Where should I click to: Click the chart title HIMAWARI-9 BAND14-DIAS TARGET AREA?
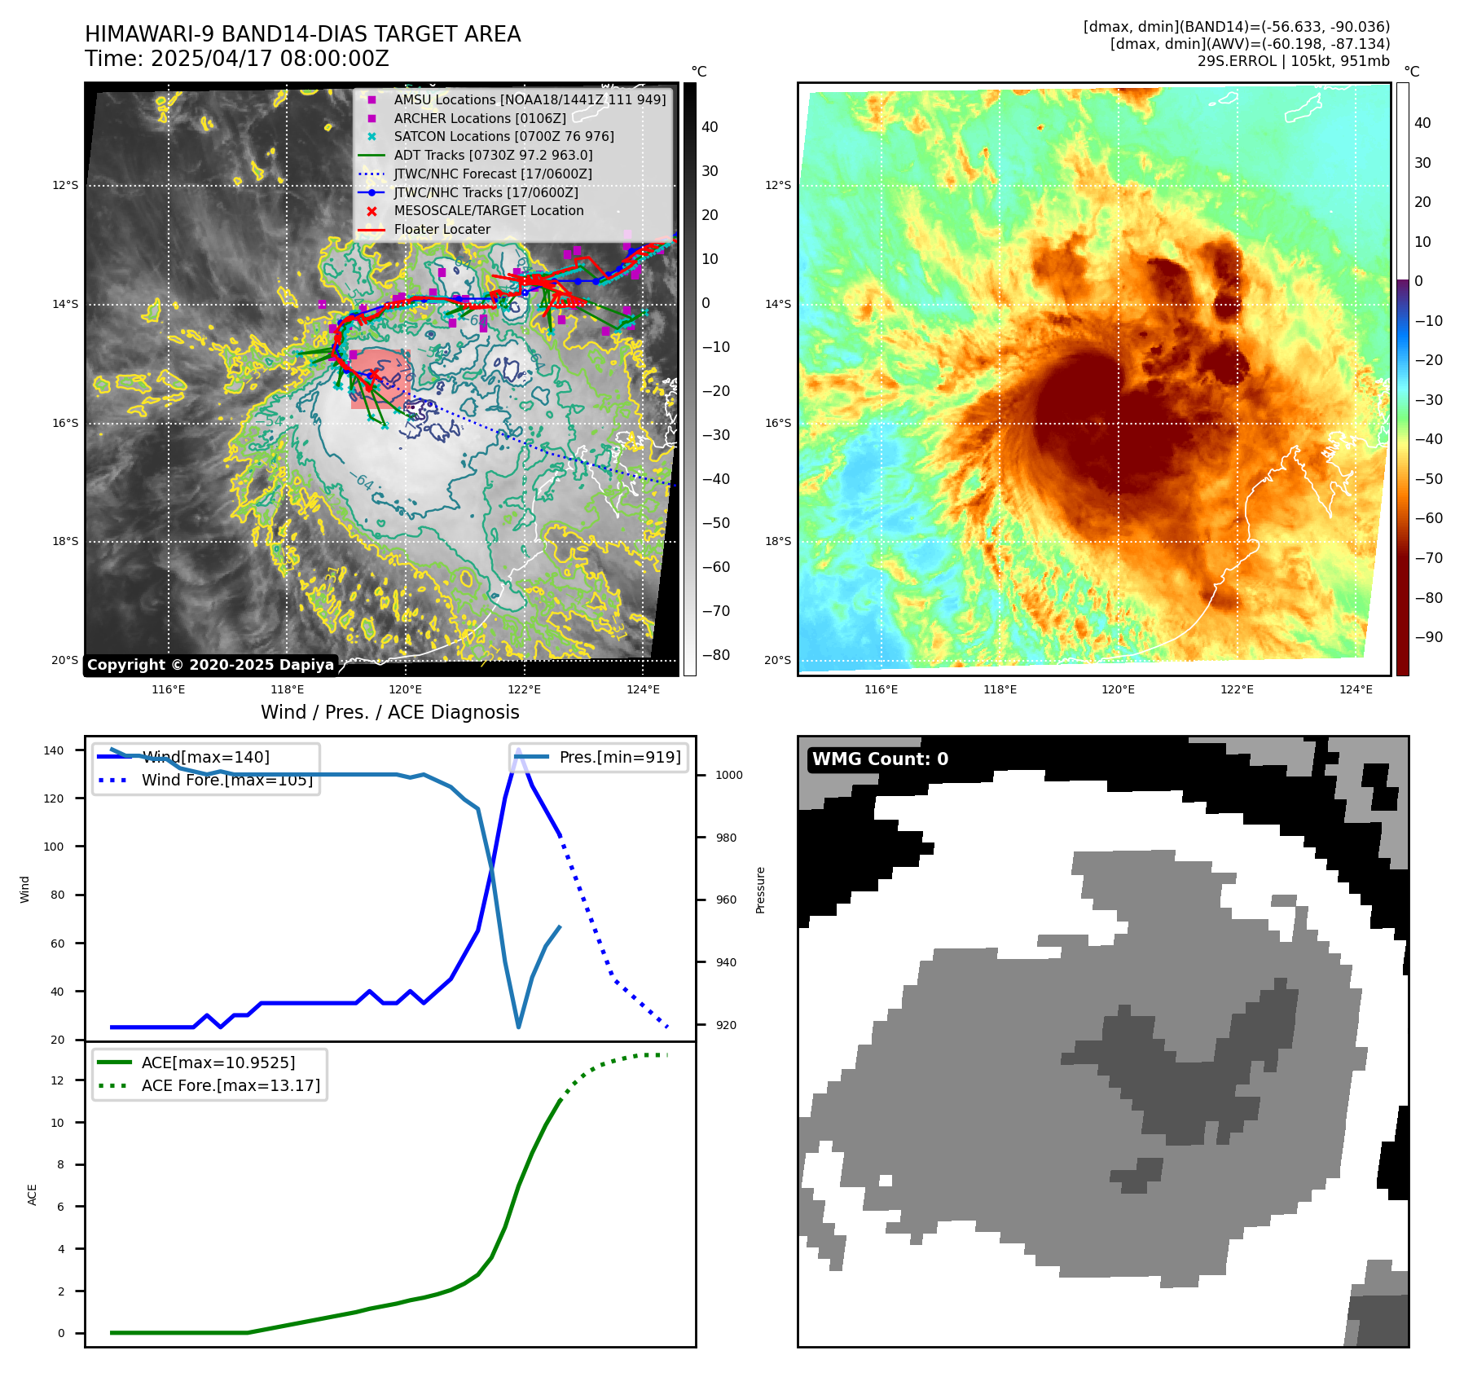(x=302, y=34)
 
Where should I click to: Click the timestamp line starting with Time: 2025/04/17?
(x=236, y=59)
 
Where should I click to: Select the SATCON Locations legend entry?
(x=503, y=136)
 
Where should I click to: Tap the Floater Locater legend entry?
(x=442, y=229)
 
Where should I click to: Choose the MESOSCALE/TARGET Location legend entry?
(x=488, y=210)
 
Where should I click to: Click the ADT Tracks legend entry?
(x=493, y=155)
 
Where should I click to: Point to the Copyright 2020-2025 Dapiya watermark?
(x=210, y=665)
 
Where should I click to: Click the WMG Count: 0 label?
(x=880, y=759)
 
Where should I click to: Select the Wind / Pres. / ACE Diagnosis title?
(x=389, y=712)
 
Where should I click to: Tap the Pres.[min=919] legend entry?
(x=619, y=757)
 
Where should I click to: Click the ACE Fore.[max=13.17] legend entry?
(x=231, y=1085)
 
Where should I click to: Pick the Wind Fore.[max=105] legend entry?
(x=226, y=780)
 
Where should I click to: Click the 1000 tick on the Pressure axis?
(x=728, y=775)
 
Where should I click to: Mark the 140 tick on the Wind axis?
(x=54, y=750)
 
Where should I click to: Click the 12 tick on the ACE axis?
(x=57, y=1080)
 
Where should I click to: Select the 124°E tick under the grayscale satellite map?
(x=643, y=689)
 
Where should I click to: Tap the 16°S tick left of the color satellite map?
(x=777, y=423)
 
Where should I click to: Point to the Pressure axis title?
(x=760, y=890)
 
